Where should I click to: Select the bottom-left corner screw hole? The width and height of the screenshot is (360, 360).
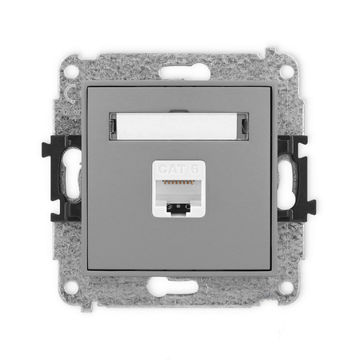74,284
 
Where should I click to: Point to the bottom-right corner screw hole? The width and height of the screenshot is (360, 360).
286,284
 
